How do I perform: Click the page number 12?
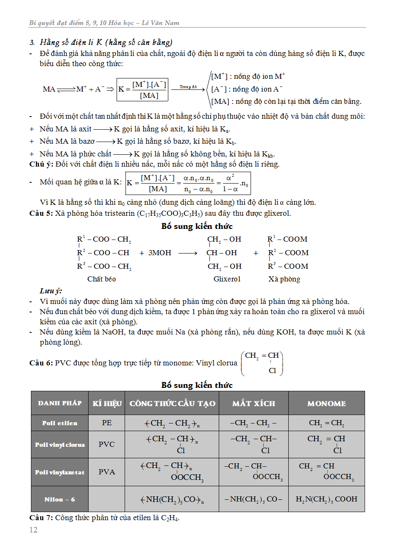pos(33,529)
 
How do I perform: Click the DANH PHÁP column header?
pos(60,403)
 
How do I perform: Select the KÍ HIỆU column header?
pos(107,404)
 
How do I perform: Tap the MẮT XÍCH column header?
pos(254,404)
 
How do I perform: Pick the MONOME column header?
pos(326,404)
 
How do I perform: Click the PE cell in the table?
pos(107,423)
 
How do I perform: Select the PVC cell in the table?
pos(107,444)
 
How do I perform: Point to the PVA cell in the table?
pos(107,472)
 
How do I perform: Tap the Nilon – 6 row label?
pos(60,499)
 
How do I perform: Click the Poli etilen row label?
pos(60,423)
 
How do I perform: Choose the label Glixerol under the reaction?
pos(227,279)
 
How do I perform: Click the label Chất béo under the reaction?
pos(101,279)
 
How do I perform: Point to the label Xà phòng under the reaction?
pos(284,279)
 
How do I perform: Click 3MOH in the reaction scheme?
pos(160,253)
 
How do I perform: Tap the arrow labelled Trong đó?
pos(188,89)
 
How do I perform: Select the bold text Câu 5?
pos(41,213)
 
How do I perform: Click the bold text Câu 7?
pos(41,518)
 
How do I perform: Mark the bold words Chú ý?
pos(41,164)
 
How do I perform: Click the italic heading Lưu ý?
pos(51,291)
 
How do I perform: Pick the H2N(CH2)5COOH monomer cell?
pos(326,499)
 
